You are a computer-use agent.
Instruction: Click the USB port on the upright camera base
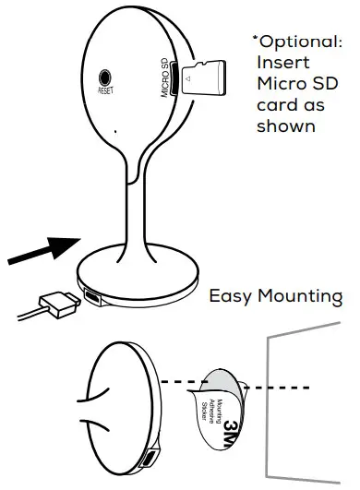point(96,296)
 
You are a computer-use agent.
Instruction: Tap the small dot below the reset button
point(114,133)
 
